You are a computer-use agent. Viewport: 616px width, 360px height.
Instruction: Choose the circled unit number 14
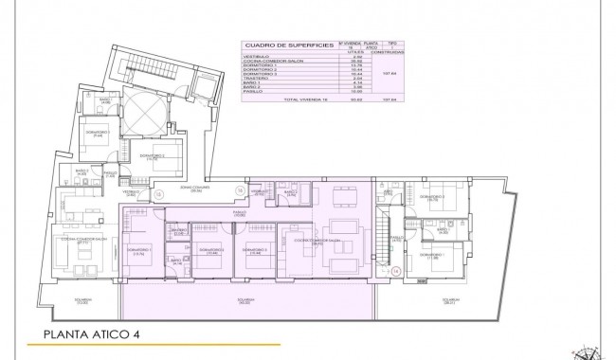(396, 269)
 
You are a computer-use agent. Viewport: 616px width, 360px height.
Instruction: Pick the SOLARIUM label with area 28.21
(448, 302)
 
